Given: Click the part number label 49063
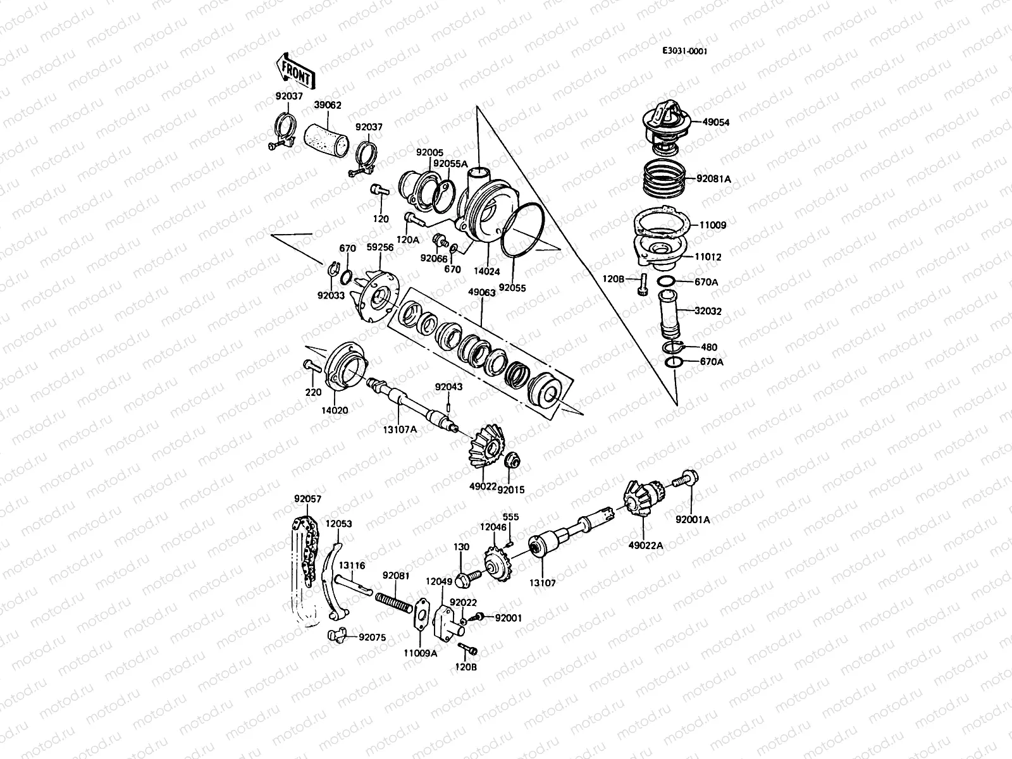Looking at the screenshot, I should (x=481, y=293).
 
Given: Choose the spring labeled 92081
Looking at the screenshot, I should (x=392, y=598).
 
